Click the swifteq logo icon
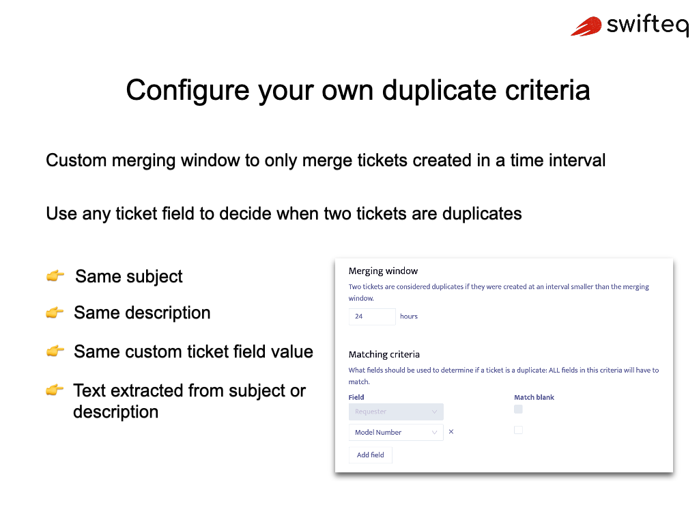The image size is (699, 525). point(586,27)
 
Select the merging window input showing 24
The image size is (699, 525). point(371,317)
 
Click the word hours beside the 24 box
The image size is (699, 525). point(409,317)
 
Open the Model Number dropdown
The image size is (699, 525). point(395,432)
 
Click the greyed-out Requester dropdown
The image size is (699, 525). point(395,412)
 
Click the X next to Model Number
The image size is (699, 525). point(451,432)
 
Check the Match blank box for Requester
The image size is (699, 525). point(518,409)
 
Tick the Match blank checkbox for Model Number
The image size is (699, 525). point(518,430)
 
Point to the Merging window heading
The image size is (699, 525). point(383,271)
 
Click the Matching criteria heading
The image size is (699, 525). point(384,354)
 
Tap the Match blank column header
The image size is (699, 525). point(534,397)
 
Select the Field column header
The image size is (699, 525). point(356,397)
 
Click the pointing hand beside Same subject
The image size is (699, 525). point(55,276)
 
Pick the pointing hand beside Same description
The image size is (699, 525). point(55,313)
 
